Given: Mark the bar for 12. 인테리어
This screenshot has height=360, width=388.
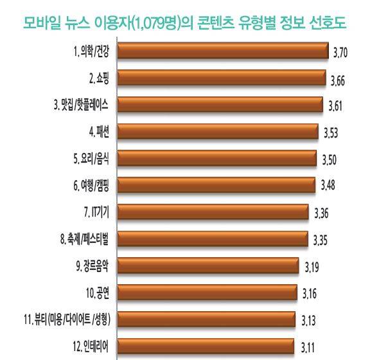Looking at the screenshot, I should [207, 345].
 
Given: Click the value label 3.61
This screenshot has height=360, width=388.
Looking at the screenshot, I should [338, 106].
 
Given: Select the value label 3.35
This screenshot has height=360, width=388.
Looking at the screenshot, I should [321, 240].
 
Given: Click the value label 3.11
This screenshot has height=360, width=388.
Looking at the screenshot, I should [309, 348].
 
